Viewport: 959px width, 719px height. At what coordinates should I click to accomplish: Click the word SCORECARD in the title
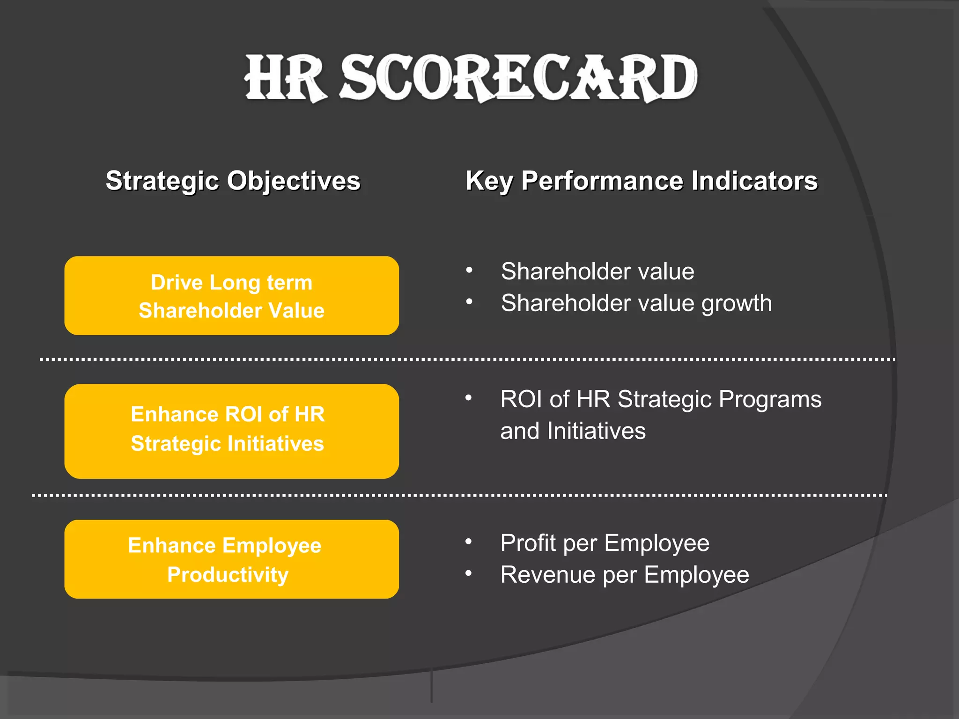(518, 78)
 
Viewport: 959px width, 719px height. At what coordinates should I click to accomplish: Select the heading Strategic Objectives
(233, 181)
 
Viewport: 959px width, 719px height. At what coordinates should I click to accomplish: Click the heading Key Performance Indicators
(641, 181)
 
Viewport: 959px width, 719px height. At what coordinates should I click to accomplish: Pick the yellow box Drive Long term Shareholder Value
(231, 295)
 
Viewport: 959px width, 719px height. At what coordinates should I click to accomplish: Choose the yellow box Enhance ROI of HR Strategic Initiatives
(231, 431)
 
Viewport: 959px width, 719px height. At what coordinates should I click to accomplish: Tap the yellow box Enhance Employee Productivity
(231, 559)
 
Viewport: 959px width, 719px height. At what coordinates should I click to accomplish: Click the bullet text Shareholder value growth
(636, 303)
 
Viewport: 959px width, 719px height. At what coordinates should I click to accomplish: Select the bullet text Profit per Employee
(605, 543)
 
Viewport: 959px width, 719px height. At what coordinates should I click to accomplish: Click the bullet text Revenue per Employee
(624, 575)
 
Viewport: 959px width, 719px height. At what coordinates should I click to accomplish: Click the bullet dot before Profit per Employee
(468, 542)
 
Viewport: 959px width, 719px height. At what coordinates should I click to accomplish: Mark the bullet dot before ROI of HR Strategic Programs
(468, 398)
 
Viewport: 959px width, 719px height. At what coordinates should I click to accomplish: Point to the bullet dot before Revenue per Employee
(468, 573)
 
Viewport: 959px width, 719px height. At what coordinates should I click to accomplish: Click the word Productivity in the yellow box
(228, 575)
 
